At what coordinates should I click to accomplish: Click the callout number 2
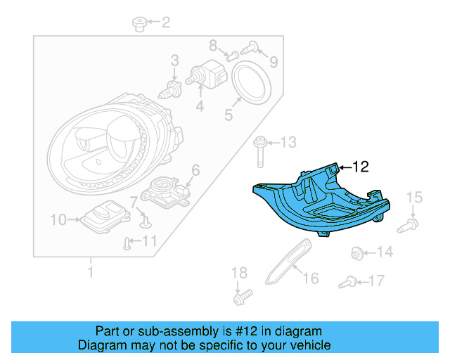[x=165, y=23]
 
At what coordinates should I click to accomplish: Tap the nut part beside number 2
[x=139, y=25]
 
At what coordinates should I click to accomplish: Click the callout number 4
[x=200, y=107]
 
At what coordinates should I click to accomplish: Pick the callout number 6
[x=195, y=169]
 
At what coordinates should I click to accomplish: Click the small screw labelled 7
[x=145, y=222]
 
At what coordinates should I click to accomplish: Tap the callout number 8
[x=213, y=46]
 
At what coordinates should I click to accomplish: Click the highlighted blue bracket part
[x=320, y=201]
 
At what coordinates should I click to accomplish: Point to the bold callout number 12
[x=360, y=167]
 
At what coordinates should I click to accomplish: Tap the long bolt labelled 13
[x=385, y=252]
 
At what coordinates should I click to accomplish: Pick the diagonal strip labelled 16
[x=377, y=281]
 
